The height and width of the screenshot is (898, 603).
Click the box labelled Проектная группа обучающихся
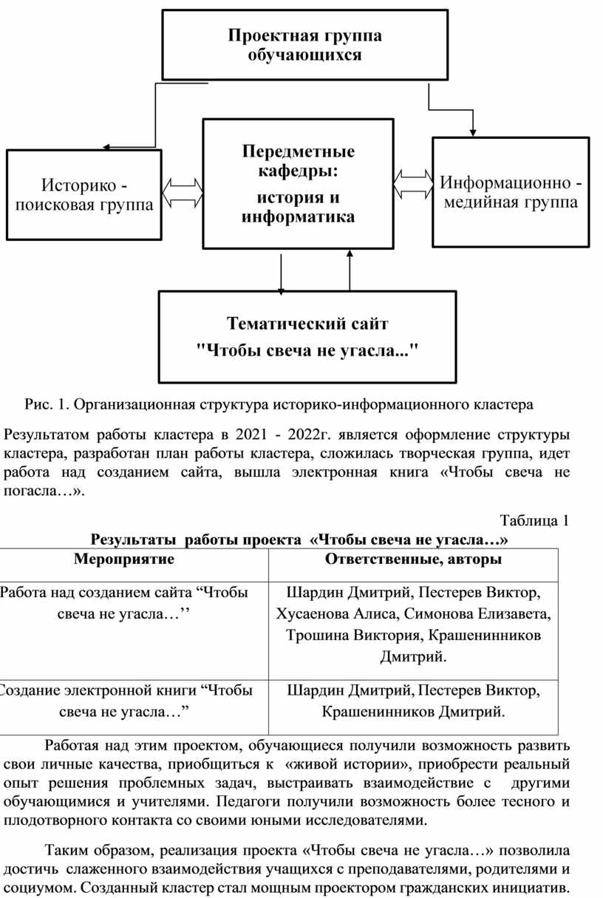(x=304, y=45)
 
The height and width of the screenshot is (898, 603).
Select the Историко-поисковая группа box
(x=84, y=195)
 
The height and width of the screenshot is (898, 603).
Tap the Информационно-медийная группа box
(x=511, y=192)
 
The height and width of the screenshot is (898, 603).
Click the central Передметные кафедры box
(x=299, y=183)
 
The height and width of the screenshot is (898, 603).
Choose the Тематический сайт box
(x=307, y=337)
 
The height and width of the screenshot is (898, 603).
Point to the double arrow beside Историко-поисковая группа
(x=183, y=193)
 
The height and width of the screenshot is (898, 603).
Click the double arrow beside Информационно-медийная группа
(x=413, y=184)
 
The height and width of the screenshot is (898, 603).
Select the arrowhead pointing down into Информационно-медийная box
(x=473, y=132)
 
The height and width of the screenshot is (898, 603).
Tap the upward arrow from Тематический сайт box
(x=350, y=271)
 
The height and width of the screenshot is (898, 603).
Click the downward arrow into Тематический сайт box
(x=281, y=274)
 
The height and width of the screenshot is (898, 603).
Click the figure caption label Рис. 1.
(x=47, y=404)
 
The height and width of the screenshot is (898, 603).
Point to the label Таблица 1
(x=534, y=520)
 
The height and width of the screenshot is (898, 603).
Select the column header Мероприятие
(x=124, y=559)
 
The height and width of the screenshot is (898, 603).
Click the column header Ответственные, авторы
(x=413, y=559)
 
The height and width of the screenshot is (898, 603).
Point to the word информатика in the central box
(x=298, y=217)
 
